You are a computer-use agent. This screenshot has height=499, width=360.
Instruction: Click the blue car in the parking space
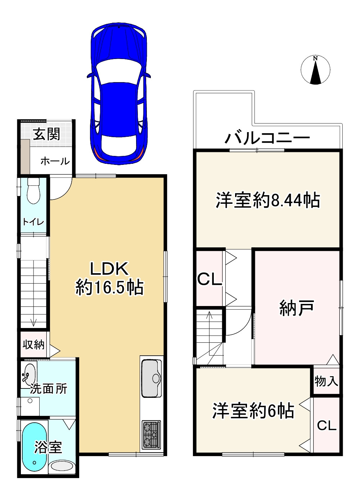coord(119,94)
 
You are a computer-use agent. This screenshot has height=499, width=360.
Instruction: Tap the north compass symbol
coord(315,70)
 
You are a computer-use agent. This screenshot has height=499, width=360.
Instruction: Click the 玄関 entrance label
coord(46,134)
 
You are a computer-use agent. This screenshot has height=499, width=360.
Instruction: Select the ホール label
coord(55,161)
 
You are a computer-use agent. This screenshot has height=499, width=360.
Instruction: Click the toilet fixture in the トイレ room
coord(33,191)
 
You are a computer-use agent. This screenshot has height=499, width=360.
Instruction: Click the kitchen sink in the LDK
coord(152,378)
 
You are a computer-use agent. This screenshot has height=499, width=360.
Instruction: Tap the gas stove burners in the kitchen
coord(151,435)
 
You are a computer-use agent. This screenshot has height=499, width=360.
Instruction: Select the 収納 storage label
coord(33,345)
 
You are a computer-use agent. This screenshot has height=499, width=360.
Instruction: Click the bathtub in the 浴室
coord(34,446)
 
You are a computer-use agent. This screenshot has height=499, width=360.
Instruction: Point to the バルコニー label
coord(267,138)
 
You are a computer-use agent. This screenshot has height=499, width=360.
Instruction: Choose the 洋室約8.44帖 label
coord(267,200)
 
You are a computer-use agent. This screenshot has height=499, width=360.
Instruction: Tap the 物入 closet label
coord(326,381)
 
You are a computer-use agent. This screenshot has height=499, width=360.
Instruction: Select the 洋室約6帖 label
coord(253,410)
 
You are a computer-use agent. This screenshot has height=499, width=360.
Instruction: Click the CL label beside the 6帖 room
coord(327,425)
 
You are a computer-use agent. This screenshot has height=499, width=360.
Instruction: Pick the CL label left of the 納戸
coord(209,279)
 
